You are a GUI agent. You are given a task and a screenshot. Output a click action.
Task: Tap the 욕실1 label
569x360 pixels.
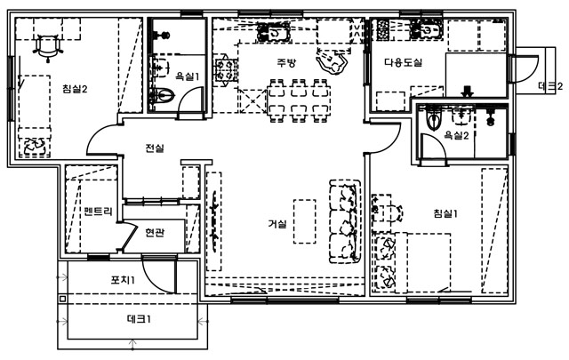[x=188, y=77]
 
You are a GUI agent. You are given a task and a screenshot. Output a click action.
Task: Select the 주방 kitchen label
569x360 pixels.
[x=284, y=62]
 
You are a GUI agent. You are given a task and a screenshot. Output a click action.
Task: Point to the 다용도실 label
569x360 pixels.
[x=403, y=63]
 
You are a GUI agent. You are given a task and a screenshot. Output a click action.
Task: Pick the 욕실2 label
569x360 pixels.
[x=456, y=136]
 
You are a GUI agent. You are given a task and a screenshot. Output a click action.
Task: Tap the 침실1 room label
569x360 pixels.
[x=445, y=212]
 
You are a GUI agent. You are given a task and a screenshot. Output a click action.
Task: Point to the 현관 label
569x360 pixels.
[x=154, y=233]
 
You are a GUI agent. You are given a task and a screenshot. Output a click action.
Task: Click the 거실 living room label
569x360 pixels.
[x=277, y=224]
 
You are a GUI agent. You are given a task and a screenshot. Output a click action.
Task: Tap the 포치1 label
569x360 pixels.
[x=123, y=280]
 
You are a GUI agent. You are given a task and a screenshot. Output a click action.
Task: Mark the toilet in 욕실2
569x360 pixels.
[x=435, y=118]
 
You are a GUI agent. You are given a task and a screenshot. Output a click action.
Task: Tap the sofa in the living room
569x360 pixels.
[x=343, y=222]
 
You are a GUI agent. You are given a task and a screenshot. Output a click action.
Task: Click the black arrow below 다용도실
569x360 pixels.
[x=468, y=89]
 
